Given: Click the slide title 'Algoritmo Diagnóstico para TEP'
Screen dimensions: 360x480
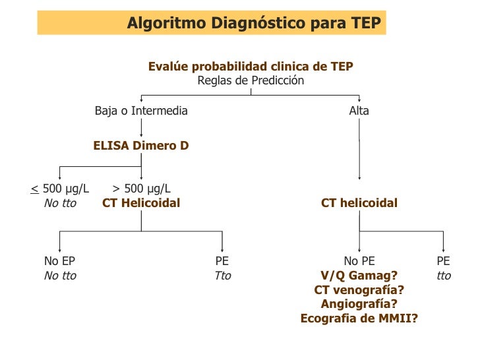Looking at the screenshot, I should click(x=254, y=23).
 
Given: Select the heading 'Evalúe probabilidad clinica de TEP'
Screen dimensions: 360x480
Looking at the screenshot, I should click(x=251, y=67).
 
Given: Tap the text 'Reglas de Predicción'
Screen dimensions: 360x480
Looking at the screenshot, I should click(x=251, y=80).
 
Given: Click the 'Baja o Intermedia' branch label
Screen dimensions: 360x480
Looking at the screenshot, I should click(x=141, y=111).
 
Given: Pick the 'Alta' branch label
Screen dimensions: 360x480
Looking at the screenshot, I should click(x=359, y=111).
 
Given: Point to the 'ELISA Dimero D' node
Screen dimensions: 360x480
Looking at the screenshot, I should click(x=141, y=146).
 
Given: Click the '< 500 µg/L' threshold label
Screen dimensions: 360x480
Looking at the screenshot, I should click(x=60, y=189).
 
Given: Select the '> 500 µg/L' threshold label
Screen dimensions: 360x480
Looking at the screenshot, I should click(x=141, y=189).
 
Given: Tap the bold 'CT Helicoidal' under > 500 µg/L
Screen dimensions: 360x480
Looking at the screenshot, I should click(x=141, y=203).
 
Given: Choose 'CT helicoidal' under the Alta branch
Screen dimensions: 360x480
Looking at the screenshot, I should click(x=359, y=203).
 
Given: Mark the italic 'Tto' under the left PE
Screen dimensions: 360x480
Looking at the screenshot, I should click(x=223, y=276).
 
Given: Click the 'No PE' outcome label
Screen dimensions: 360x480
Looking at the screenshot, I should click(x=359, y=261).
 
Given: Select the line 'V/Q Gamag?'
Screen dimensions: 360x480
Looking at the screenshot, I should click(x=359, y=276).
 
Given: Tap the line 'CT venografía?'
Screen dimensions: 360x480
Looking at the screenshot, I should click(x=359, y=290).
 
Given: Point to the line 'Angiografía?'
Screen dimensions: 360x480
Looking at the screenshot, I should click(x=359, y=304).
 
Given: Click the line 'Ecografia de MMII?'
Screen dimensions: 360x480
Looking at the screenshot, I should click(x=359, y=318).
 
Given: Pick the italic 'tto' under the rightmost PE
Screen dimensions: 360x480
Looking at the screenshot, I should click(x=444, y=276).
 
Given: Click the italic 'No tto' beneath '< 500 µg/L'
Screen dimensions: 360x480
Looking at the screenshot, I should click(x=60, y=203).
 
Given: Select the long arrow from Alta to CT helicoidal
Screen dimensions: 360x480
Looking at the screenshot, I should click(x=359, y=152).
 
